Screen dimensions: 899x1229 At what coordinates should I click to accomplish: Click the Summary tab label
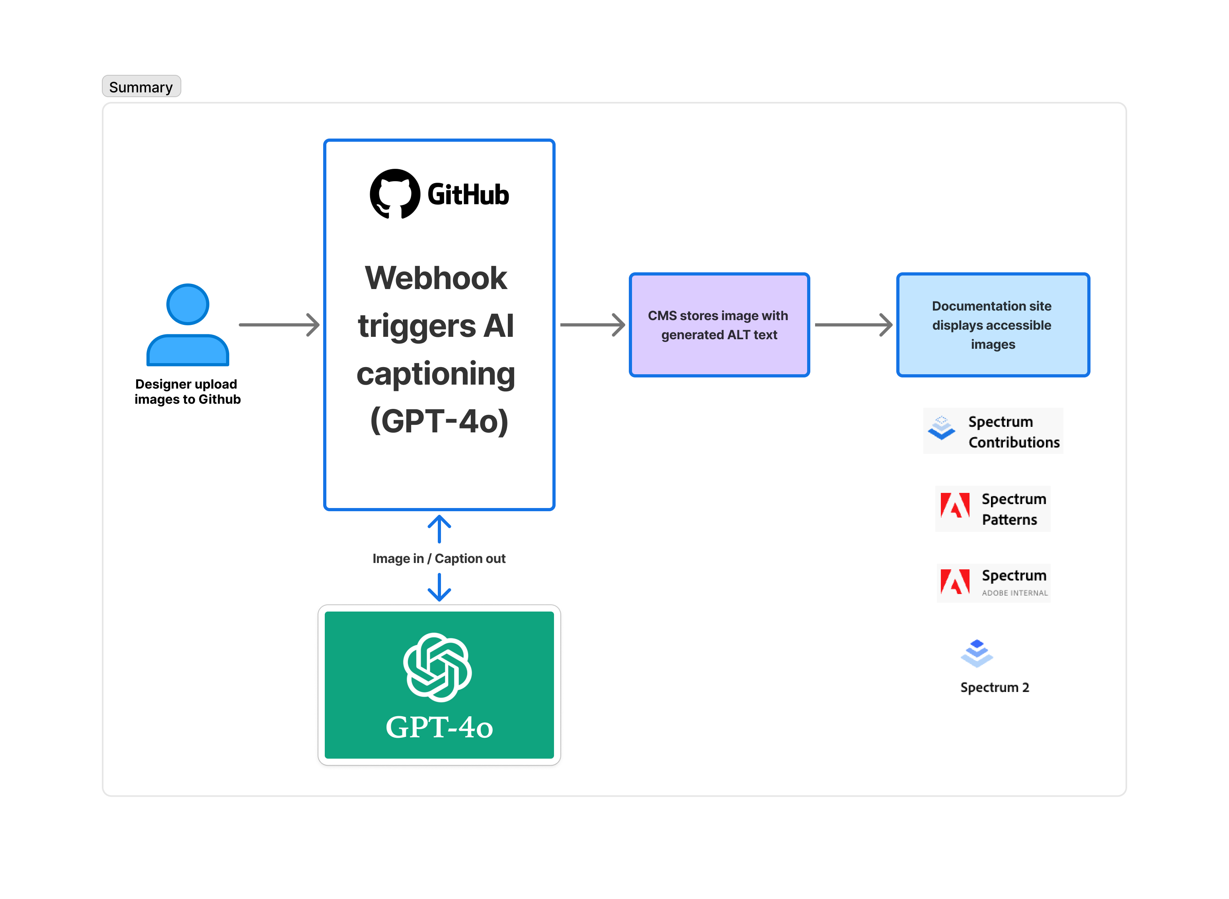[x=141, y=87]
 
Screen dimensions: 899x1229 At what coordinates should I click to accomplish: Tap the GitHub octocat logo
[x=394, y=194]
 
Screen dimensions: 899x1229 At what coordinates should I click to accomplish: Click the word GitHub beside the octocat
[x=468, y=195]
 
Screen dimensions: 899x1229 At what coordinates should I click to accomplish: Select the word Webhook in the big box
[x=436, y=278]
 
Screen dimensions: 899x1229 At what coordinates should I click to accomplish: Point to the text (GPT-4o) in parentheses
[x=439, y=421]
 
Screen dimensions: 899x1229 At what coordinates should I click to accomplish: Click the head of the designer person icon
[x=188, y=304]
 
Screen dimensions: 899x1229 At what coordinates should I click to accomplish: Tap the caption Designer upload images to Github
[x=187, y=392]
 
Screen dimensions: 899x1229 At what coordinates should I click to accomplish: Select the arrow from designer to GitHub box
[x=279, y=325]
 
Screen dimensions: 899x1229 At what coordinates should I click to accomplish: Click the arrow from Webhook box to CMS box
[x=592, y=325]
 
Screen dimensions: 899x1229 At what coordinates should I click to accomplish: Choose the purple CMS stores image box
[x=719, y=325]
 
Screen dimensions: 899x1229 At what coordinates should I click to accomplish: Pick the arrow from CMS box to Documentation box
[x=853, y=325]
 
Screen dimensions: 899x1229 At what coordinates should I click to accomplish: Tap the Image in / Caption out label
[x=439, y=559]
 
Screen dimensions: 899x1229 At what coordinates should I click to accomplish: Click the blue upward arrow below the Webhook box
[x=439, y=529]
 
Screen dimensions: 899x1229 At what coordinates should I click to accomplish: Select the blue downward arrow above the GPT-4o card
[x=439, y=588]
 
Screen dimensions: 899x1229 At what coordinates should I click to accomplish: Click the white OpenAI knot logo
[x=437, y=667]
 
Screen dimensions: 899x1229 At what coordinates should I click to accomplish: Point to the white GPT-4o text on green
[x=439, y=727]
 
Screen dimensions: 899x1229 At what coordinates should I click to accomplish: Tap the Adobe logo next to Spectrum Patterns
[x=955, y=506]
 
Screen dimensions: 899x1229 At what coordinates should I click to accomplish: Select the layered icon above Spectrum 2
[x=977, y=653]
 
